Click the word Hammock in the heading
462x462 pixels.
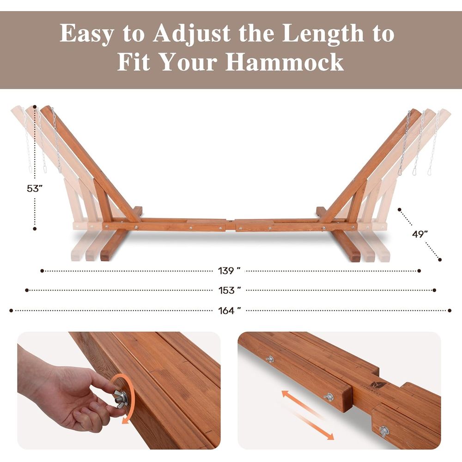click(285, 62)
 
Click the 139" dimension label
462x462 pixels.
click(229, 270)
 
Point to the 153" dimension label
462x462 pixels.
click(230, 290)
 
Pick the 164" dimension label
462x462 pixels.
click(230, 310)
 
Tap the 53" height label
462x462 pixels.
click(35, 188)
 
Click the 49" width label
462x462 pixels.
click(420, 234)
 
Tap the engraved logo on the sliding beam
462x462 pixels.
click(376, 386)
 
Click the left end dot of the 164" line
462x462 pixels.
click(11, 310)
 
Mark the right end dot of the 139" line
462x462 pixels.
click(419, 271)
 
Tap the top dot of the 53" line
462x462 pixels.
click(35, 107)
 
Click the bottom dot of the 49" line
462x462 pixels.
click(440, 260)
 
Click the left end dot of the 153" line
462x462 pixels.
click(27, 290)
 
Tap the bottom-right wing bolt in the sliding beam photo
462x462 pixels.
click(384, 432)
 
